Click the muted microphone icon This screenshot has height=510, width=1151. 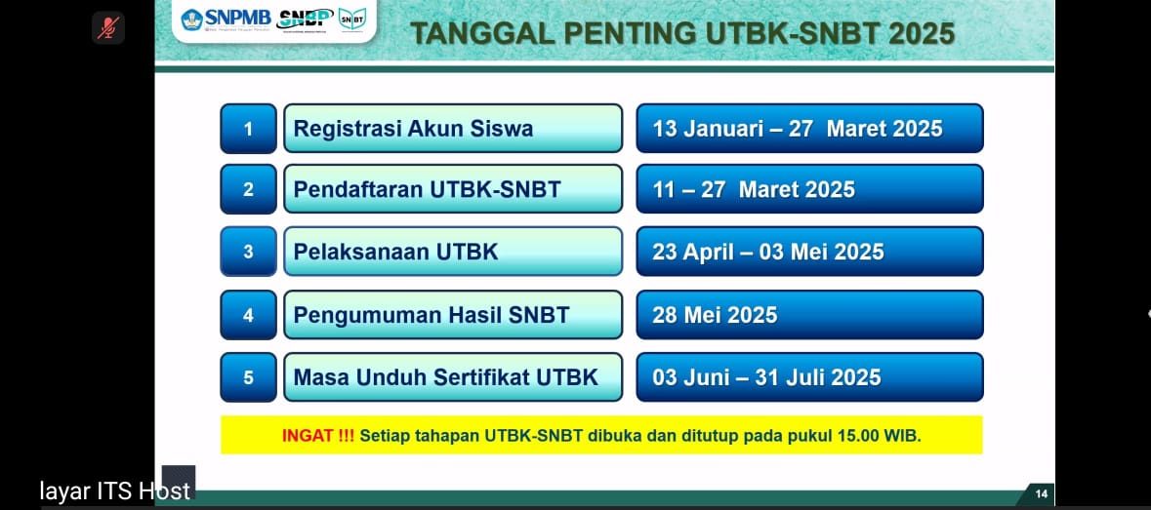click(108, 28)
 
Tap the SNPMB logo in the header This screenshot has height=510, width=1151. click(226, 20)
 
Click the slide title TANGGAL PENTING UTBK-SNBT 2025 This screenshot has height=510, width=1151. click(682, 34)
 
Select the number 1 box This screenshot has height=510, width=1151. click(248, 129)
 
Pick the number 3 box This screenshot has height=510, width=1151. click(248, 252)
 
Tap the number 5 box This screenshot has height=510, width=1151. click(248, 377)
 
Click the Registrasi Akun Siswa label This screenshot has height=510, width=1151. click(413, 129)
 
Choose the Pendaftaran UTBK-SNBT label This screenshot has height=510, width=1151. click(428, 190)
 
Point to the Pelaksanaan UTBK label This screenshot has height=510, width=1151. click(395, 252)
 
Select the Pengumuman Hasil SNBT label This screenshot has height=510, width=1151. click(432, 315)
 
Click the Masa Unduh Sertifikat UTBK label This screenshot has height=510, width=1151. click(445, 377)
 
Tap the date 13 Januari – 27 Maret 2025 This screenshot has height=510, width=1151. click(798, 129)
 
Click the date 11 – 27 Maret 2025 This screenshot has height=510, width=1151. click(754, 190)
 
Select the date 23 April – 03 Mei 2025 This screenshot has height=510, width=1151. click(768, 252)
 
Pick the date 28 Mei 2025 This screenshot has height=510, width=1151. click(715, 315)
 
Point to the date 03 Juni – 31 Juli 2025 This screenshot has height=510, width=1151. click(766, 377)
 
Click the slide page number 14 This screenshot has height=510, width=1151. click(1041, 493)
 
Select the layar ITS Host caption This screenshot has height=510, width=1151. click(114, 490)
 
